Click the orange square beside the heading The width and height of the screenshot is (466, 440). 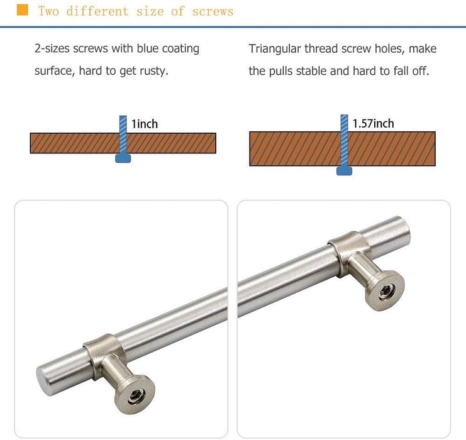click(22, 10)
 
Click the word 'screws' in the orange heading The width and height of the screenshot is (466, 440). click(213, 11)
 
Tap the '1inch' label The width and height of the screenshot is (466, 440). click(145, 124)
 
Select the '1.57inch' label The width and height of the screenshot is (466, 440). click(374, 123)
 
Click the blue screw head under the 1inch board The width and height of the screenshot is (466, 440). click(123, 158)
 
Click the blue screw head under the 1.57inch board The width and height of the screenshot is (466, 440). click(344, 171)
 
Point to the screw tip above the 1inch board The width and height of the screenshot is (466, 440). click(123, 116)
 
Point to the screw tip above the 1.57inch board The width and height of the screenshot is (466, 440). click(344, 116)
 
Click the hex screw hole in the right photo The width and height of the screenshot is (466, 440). click(387, 292)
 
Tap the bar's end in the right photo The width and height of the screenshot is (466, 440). click(404, 230)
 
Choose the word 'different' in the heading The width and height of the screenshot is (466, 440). click(97, 11)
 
